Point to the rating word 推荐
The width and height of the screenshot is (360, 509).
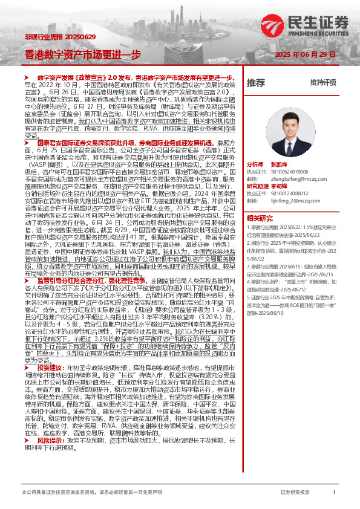pyautogui.click(x=256, y=82)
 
